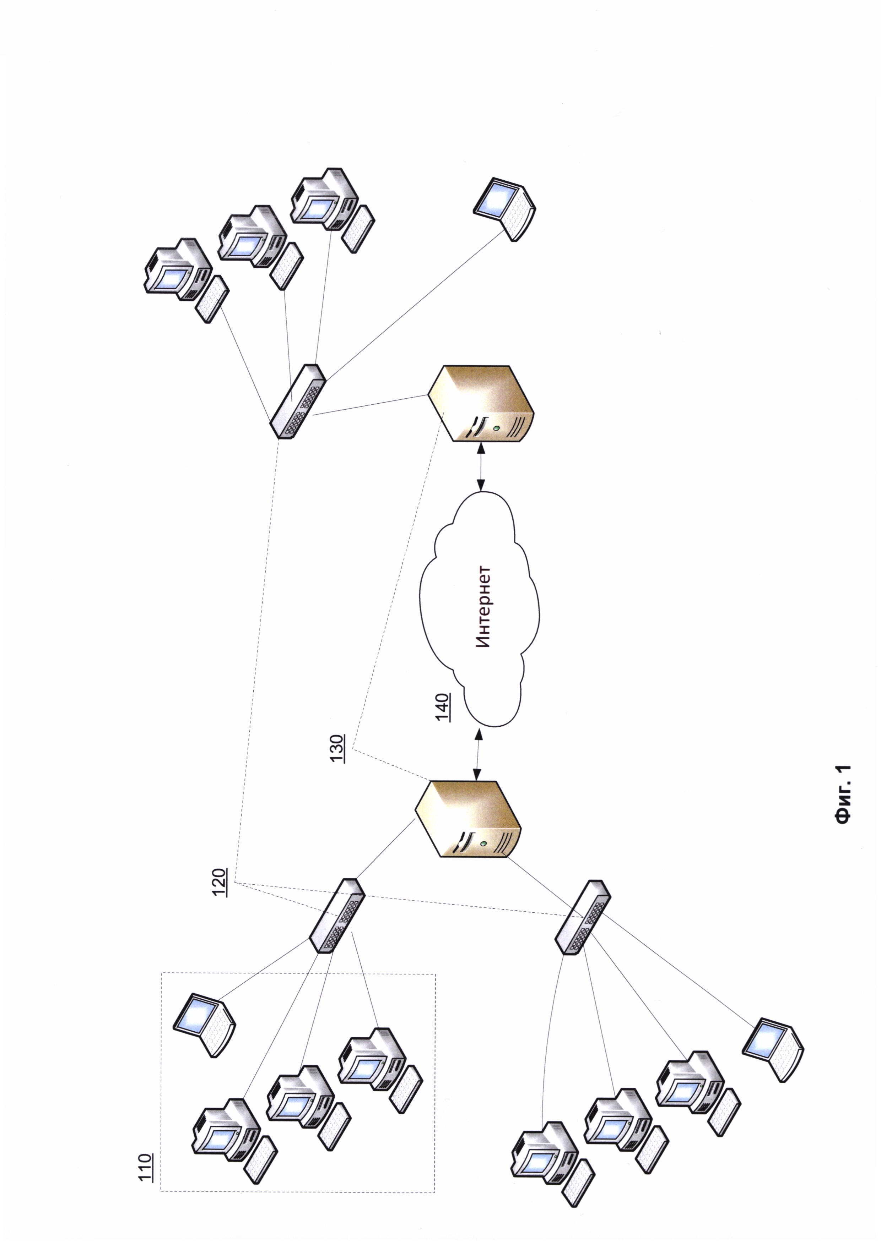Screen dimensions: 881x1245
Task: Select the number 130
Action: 337,749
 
